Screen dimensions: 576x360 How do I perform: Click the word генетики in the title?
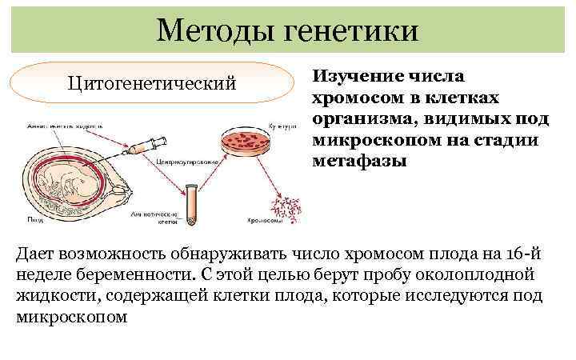click(349, 30)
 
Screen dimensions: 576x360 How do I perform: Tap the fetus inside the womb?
click(64, 176)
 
